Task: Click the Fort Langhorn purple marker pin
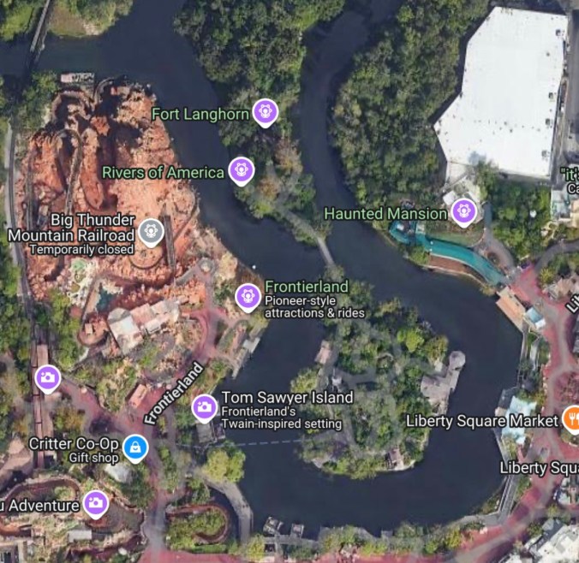[266, 111]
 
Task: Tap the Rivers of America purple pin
[242, 169]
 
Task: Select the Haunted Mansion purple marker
[463, 210]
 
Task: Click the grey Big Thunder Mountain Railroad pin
[152, 230]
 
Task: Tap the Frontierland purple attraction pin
[248, 296]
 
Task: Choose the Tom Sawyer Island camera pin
[204, 407]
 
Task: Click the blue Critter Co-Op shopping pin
[134, 446]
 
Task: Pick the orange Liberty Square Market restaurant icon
[572, 419]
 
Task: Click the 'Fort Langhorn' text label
[200, 114]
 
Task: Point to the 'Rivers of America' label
[163, 173]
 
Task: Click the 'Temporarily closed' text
[81, 250]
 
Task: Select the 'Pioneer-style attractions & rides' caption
[314, 306]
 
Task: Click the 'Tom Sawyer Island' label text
[287, 398]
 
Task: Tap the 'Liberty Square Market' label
[481, 420]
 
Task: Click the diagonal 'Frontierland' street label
[174, 394]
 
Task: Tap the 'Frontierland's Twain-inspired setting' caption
[281, 418]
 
